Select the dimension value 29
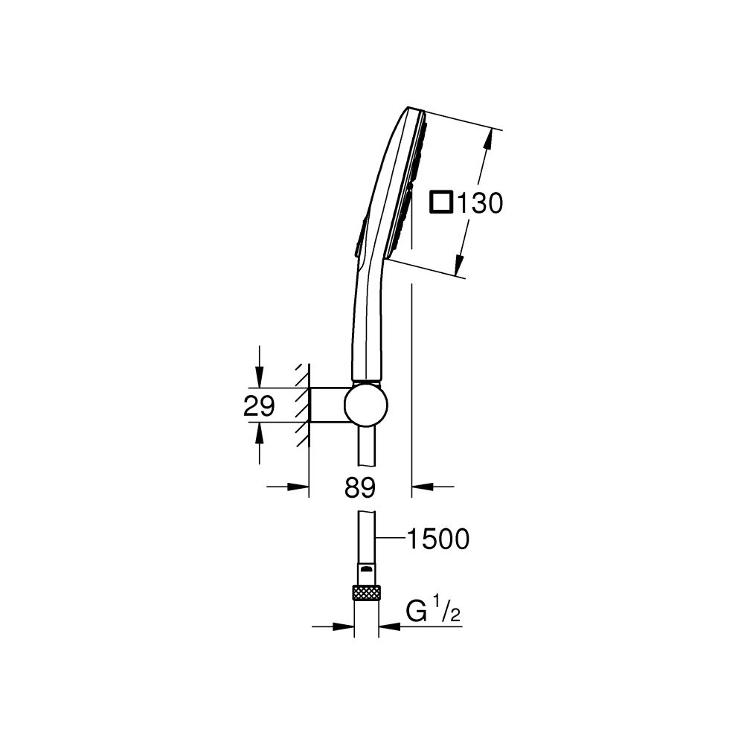point(259,405)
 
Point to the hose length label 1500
point(437,538)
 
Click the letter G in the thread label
point(417,615)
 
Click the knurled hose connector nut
point(366,592)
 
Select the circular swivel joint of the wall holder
point(365,406)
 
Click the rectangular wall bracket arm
point(327,405)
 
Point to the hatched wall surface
point(302,405)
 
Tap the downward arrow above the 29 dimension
point(258,379)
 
